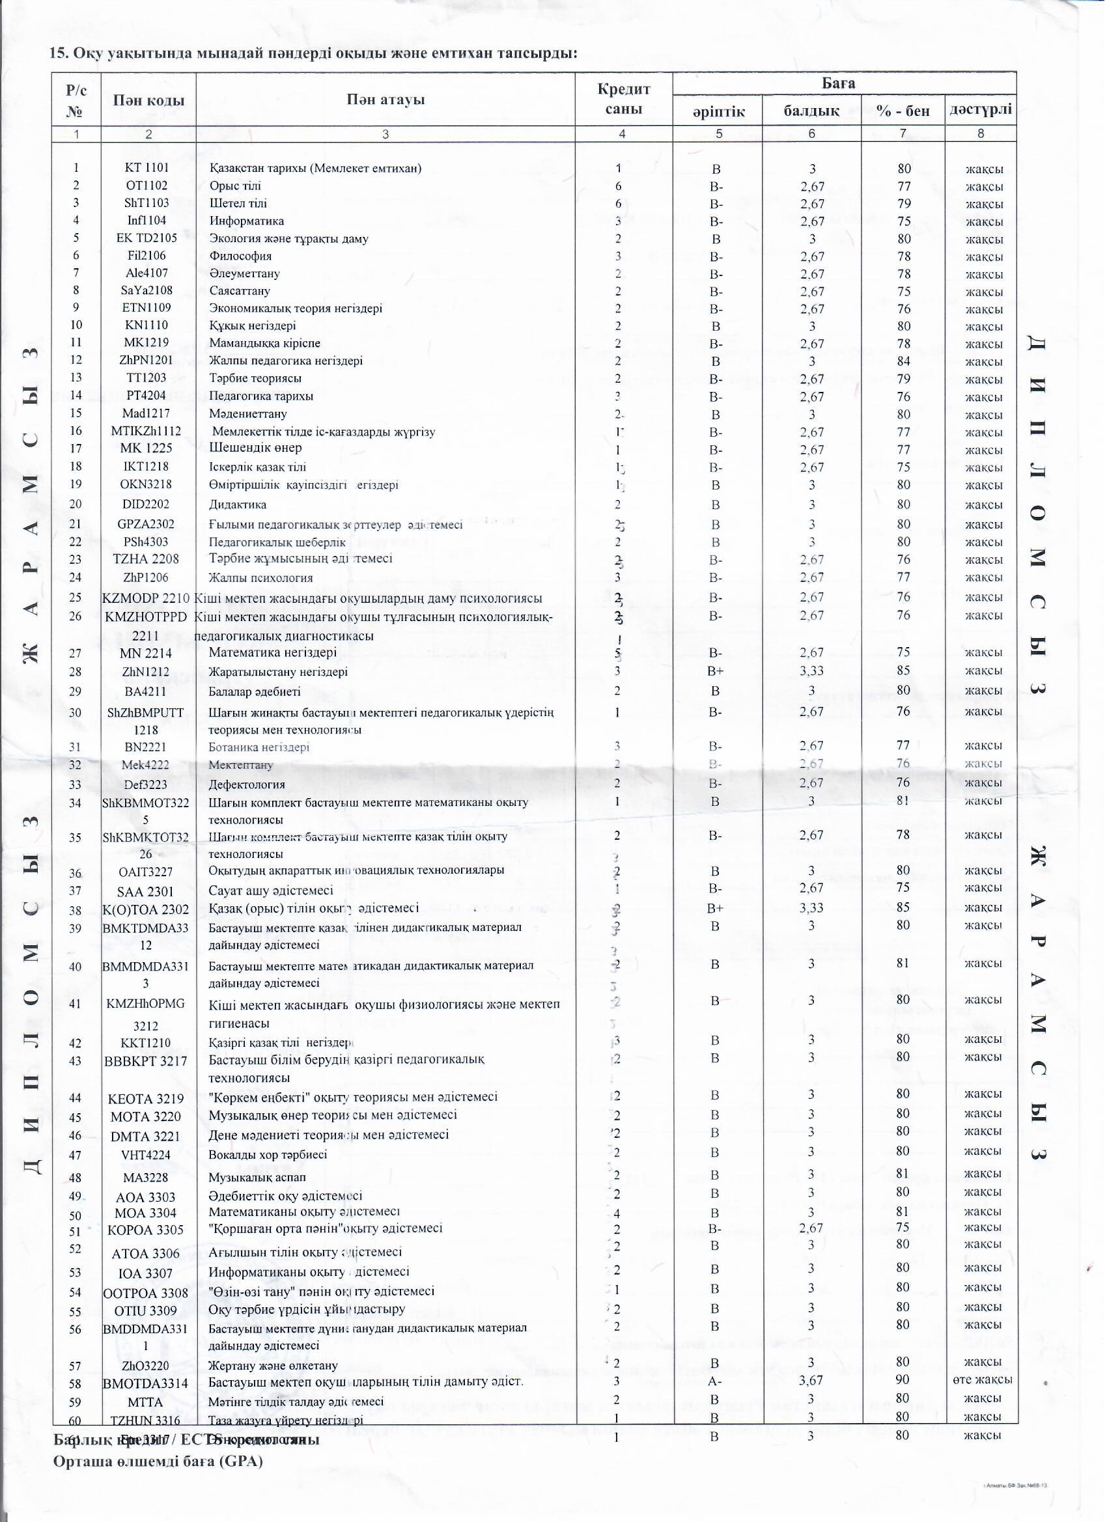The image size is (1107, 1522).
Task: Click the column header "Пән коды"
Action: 148,100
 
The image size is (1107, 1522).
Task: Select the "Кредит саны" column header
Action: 624,100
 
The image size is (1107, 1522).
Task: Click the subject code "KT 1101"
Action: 147,168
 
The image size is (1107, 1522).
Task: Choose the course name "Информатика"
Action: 246,221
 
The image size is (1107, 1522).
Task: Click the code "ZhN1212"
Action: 147,671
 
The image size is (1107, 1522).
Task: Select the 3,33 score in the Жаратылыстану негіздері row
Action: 811,671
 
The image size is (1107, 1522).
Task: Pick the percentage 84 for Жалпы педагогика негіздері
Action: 904,361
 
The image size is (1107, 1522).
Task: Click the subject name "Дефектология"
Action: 246,784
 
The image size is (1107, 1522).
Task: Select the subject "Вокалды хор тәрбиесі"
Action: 268,1154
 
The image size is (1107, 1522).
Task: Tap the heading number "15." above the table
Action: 61,53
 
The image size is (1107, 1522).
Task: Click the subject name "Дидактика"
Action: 238,504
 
